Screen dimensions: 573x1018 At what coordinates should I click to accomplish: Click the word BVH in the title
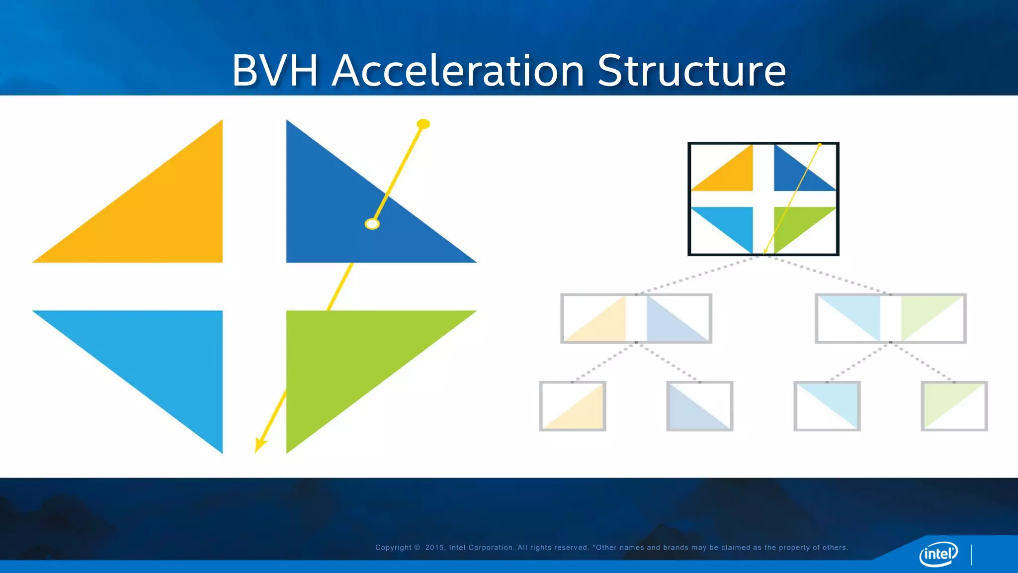pyautogui.click(x=275, y=71)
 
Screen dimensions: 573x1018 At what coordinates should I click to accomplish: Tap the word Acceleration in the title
pyautogui.click(x=458, y=71)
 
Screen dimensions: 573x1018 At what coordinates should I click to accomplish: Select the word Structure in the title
pyautogui.click(x=691, y=71)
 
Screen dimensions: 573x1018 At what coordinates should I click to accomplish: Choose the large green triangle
pyautogui.click(x=348, y=358)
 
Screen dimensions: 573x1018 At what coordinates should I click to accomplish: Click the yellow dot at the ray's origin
pyautogui.click(x=423, y=124)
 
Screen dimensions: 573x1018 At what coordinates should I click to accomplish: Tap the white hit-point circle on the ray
pyautogui.click(x=372, y=224)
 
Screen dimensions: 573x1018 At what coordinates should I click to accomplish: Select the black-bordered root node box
pyautogui.click(x=763, y=199)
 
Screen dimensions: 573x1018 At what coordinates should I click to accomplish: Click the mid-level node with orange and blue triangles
pyautogui.click(x=636, y=318)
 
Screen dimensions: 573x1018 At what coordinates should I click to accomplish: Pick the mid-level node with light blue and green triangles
pyautogui.click(x=890, y=318)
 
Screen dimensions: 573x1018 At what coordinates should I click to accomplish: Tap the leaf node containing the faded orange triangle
pyautogui.click(x=573, y=406)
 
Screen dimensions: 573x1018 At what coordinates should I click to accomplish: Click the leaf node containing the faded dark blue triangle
pyautogui.click(x=699, y=406)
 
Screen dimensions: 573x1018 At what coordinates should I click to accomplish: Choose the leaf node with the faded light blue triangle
pyautogui.click(x=827, y=406)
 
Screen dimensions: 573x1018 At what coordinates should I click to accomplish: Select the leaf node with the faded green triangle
pyautogui.click(x=954, y=406)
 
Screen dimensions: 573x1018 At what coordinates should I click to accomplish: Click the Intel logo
pyautogui.click(x=938, y=554)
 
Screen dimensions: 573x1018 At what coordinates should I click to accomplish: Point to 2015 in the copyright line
pyautogui.click(x=434, y=548)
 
